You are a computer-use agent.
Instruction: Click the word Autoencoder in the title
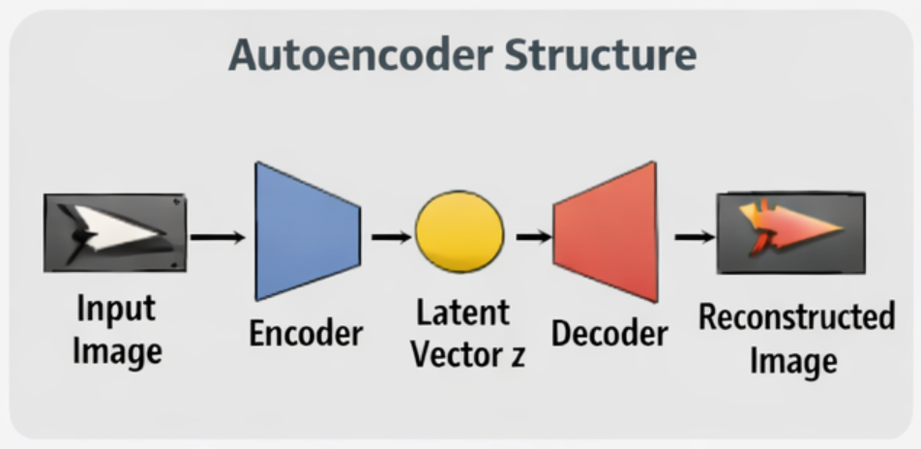point(356,55)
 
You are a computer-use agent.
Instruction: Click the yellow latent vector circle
point(460,232)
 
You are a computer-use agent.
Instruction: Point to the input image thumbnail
point(114,233)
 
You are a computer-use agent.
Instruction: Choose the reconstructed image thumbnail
point(790,233)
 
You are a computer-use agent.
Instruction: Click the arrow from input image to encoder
point(217,236)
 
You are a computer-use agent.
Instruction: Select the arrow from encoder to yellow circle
point(389,236)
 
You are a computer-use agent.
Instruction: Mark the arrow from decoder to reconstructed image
point(692,236)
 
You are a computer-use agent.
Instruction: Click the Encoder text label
point(306,334)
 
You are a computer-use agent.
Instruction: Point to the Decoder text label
point(609,334)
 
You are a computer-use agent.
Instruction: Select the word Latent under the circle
point(462,313)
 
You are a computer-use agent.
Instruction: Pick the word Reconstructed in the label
point(796,317)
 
